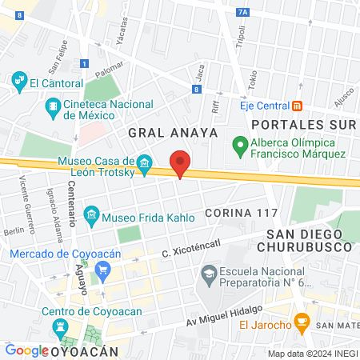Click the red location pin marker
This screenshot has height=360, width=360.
pos(180,162)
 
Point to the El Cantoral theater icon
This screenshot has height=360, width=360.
pos(20,81)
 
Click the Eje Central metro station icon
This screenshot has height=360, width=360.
pos(297,105)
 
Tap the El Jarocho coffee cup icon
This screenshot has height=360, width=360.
pos(302,323)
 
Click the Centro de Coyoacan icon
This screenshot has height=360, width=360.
pos(62,327)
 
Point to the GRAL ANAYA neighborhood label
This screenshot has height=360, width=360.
pos(172,132)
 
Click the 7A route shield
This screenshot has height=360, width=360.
pos(244,12)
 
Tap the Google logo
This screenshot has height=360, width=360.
pos(26,350)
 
